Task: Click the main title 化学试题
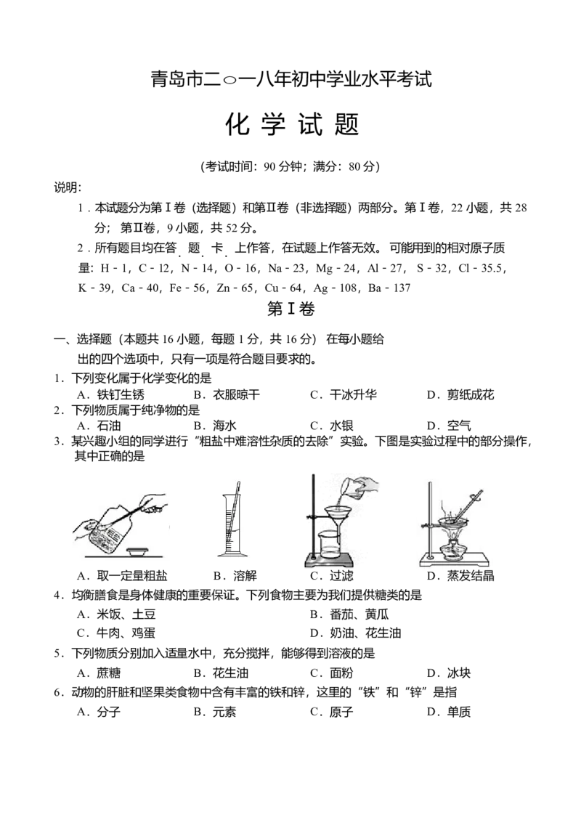click(292, 125)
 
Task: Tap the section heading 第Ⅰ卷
click(290, 309)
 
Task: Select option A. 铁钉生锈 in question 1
click(111, 395)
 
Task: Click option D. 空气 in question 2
click(449, 426)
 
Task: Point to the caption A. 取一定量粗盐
click(122, 576)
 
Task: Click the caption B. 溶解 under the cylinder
click(235, 576)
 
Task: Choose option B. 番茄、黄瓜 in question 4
click(349, 614)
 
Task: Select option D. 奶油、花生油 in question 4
click(355, 633)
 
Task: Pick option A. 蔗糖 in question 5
click(99, 673)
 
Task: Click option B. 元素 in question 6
click(215, 712)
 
